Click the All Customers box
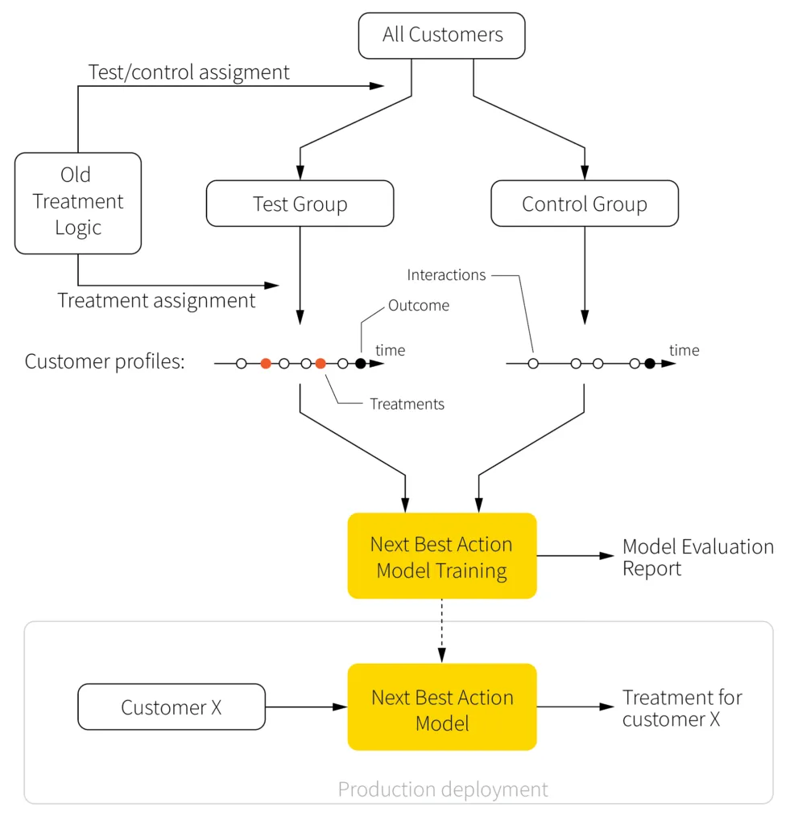tap(441, 35)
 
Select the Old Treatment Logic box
tap(78, 202)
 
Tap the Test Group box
tap(300, 204)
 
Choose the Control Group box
tap(584, 204)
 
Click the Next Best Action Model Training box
tap(441, 557)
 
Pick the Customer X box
tap(171, 707)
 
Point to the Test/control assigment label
tap(188, 72)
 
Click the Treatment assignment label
tap(156, 300)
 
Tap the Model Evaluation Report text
tap(697, 557)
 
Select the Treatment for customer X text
tap(682, 708)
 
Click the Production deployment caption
tap(442, 789)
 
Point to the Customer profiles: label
tap(105, 361)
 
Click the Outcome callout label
tap(418, 306)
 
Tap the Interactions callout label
tap(446, 275)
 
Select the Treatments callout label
tap(407, 404)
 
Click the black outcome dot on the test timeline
tap(360, 364)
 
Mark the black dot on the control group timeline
tap(649, 364)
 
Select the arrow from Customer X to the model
tap(306, 707)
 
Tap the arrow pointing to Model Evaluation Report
tap(575, 556)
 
